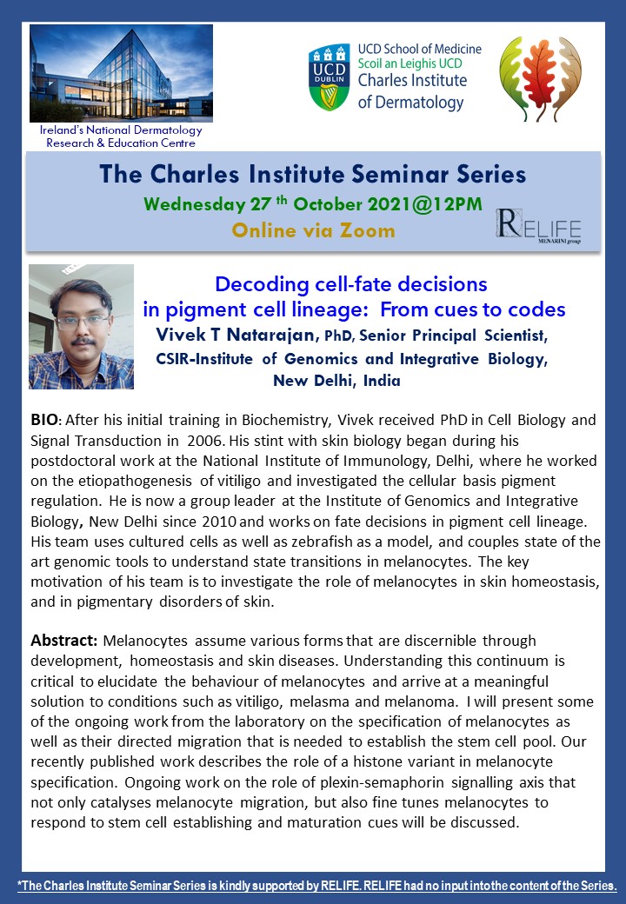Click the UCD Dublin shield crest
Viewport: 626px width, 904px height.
coord(330,77)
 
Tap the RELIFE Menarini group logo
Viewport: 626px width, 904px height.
coord(538,227)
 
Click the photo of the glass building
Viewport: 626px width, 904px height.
coord(121,73)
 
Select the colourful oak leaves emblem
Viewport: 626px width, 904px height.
coord(540,79)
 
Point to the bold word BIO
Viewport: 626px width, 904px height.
coord(43,420)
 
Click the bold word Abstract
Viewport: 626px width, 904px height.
coord(64,641)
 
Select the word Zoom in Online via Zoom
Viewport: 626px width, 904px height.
coord(367,230)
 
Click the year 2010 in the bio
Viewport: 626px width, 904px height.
coord(219,522)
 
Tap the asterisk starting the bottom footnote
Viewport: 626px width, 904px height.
coord(20,882)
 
